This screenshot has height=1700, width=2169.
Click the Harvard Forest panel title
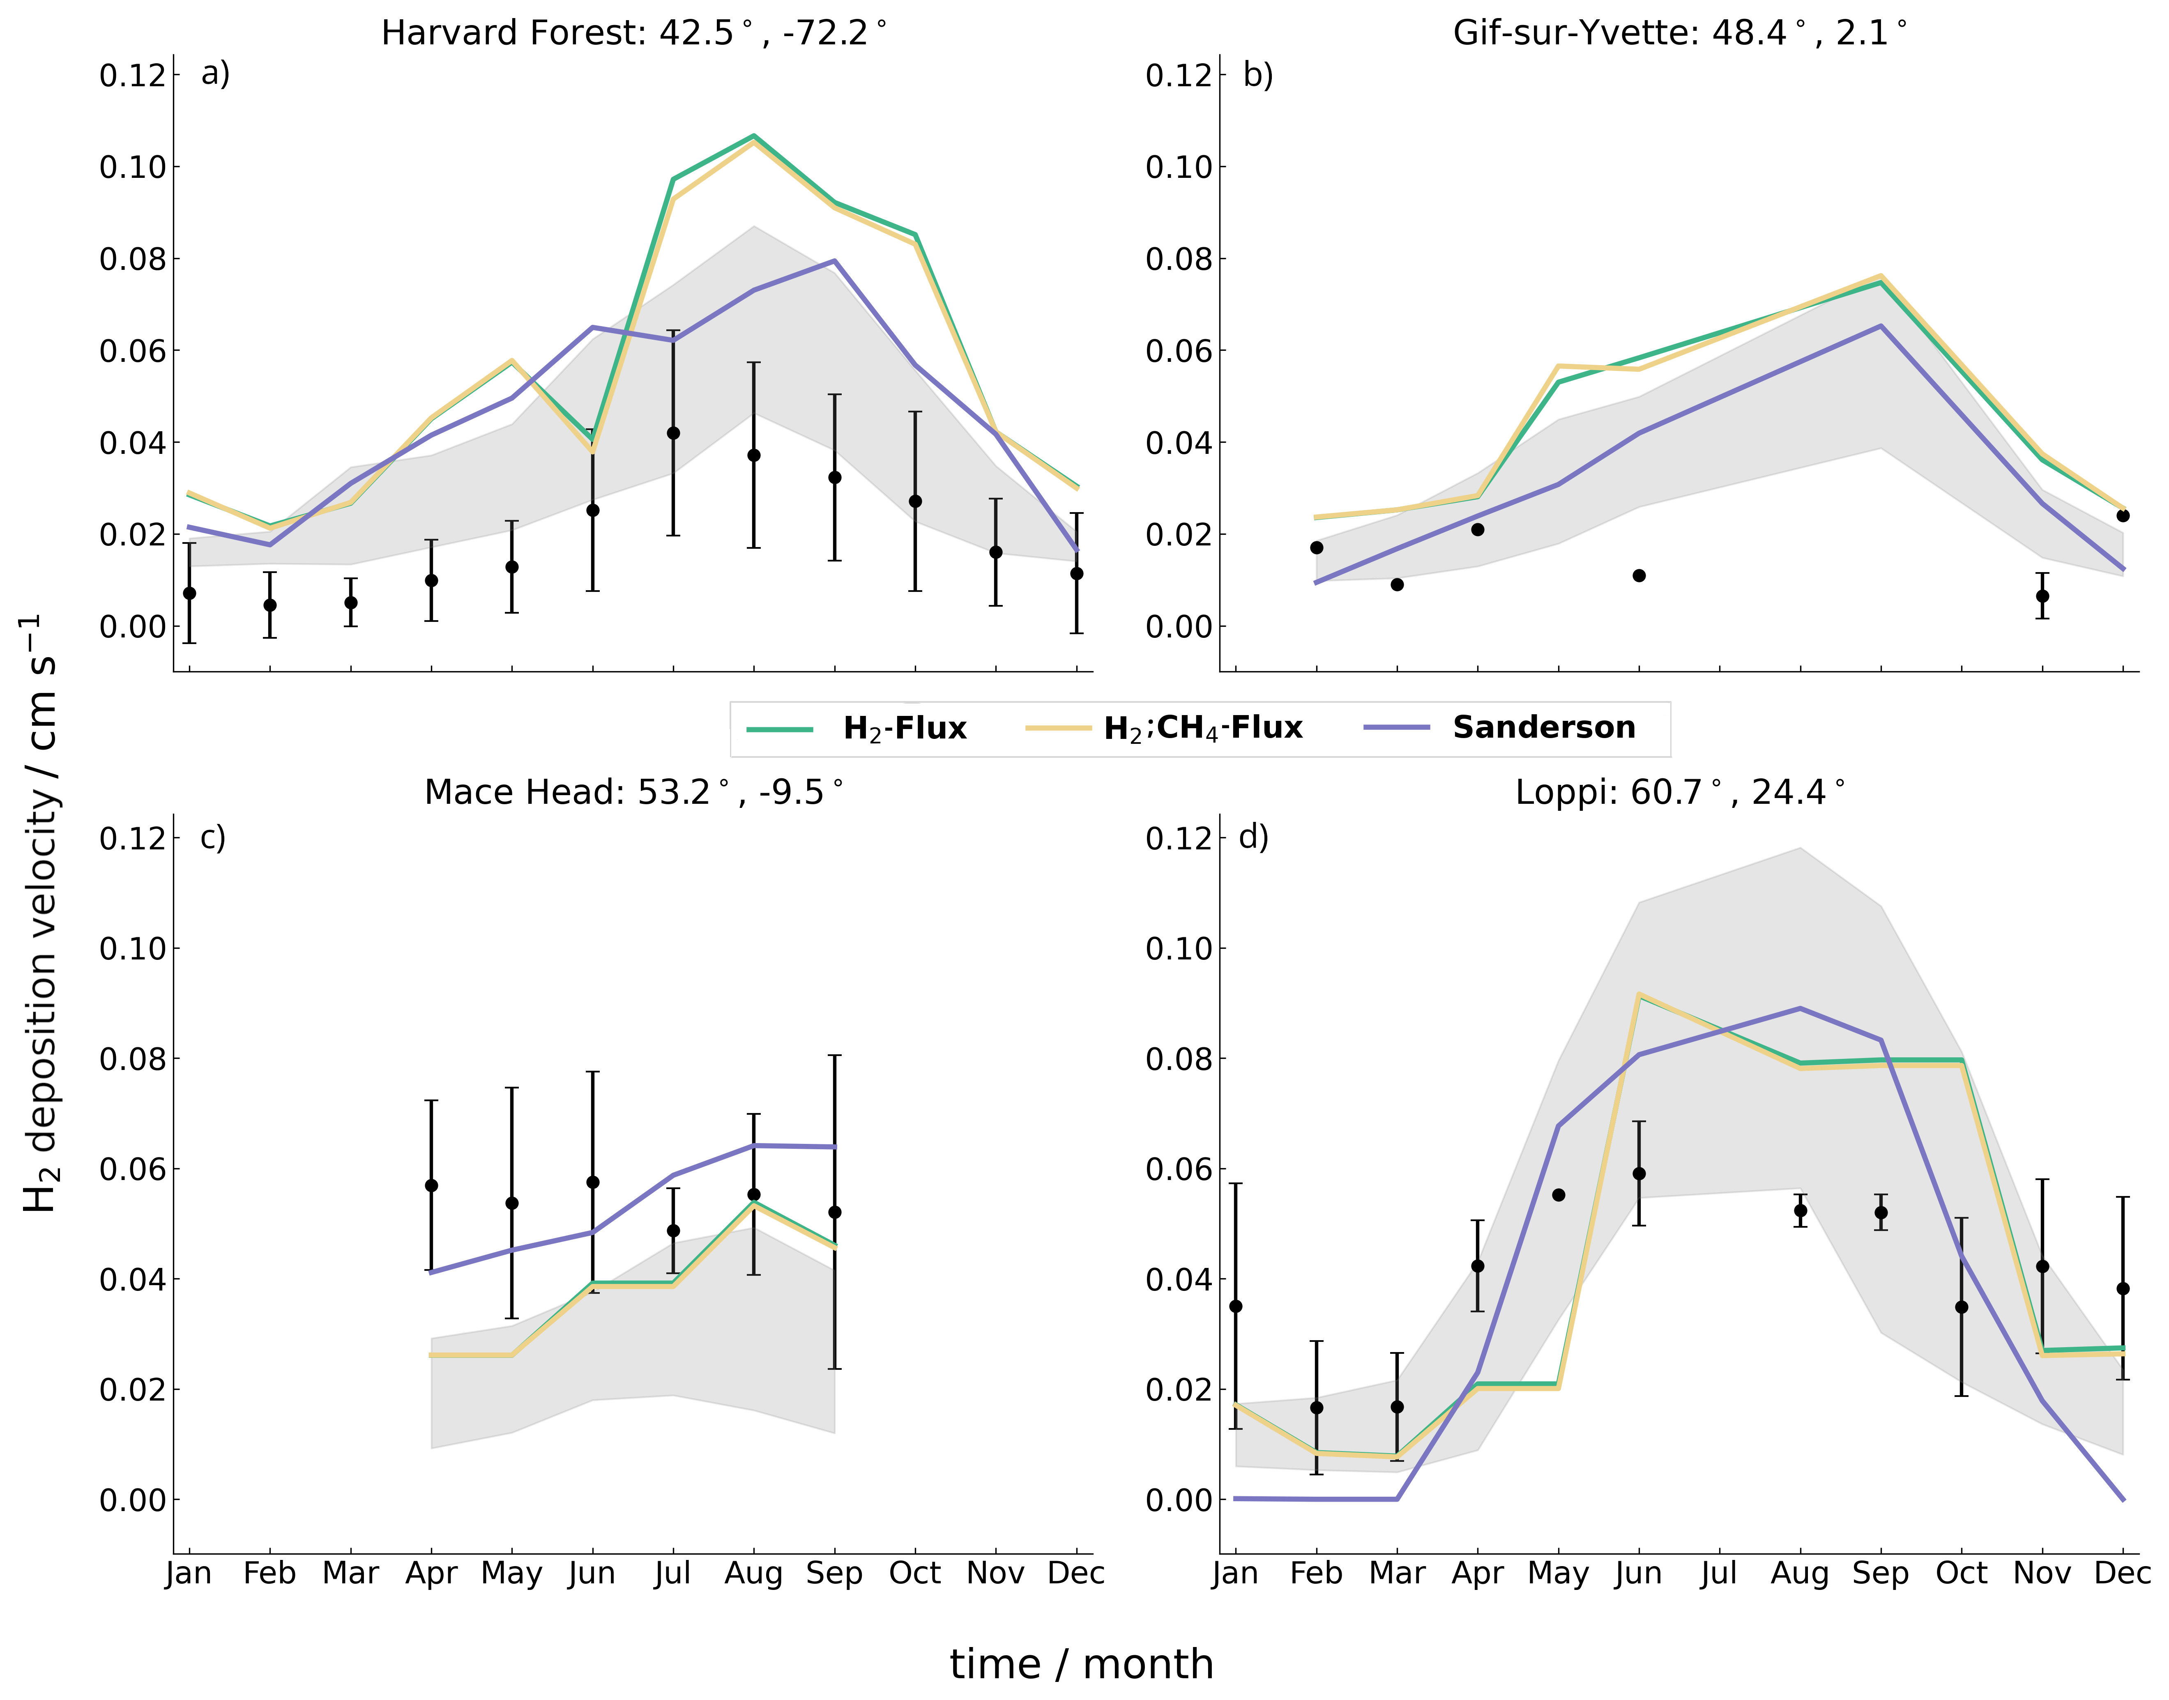point(633,33)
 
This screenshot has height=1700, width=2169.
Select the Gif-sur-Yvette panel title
point(1679,33)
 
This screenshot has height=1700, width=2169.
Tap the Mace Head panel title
point(633,792)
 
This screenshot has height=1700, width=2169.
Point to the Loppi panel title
point(1679,792)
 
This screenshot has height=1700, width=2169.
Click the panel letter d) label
point(1253,837)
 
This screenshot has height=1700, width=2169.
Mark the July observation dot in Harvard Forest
point(673,433)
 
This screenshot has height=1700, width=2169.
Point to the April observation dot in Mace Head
point(431,1185)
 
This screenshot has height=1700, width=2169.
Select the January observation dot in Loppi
point(1235,1306)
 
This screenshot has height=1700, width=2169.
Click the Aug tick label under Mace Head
point(753,1573)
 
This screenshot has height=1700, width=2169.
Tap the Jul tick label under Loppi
point(1719,1573)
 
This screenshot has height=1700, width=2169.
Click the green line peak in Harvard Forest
point(753,136)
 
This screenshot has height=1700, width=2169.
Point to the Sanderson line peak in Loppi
point(1800,1008)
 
